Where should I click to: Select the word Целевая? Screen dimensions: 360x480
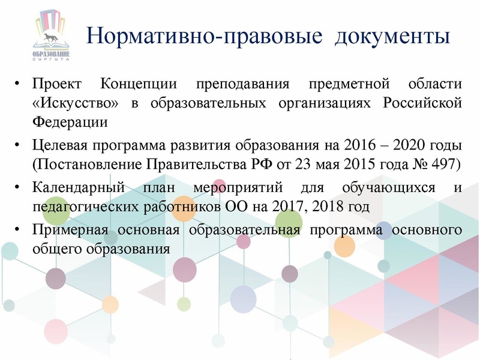pos(59,145)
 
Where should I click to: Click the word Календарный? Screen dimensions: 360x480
pos(79,187)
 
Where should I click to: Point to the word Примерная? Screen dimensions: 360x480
pos(71,230)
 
